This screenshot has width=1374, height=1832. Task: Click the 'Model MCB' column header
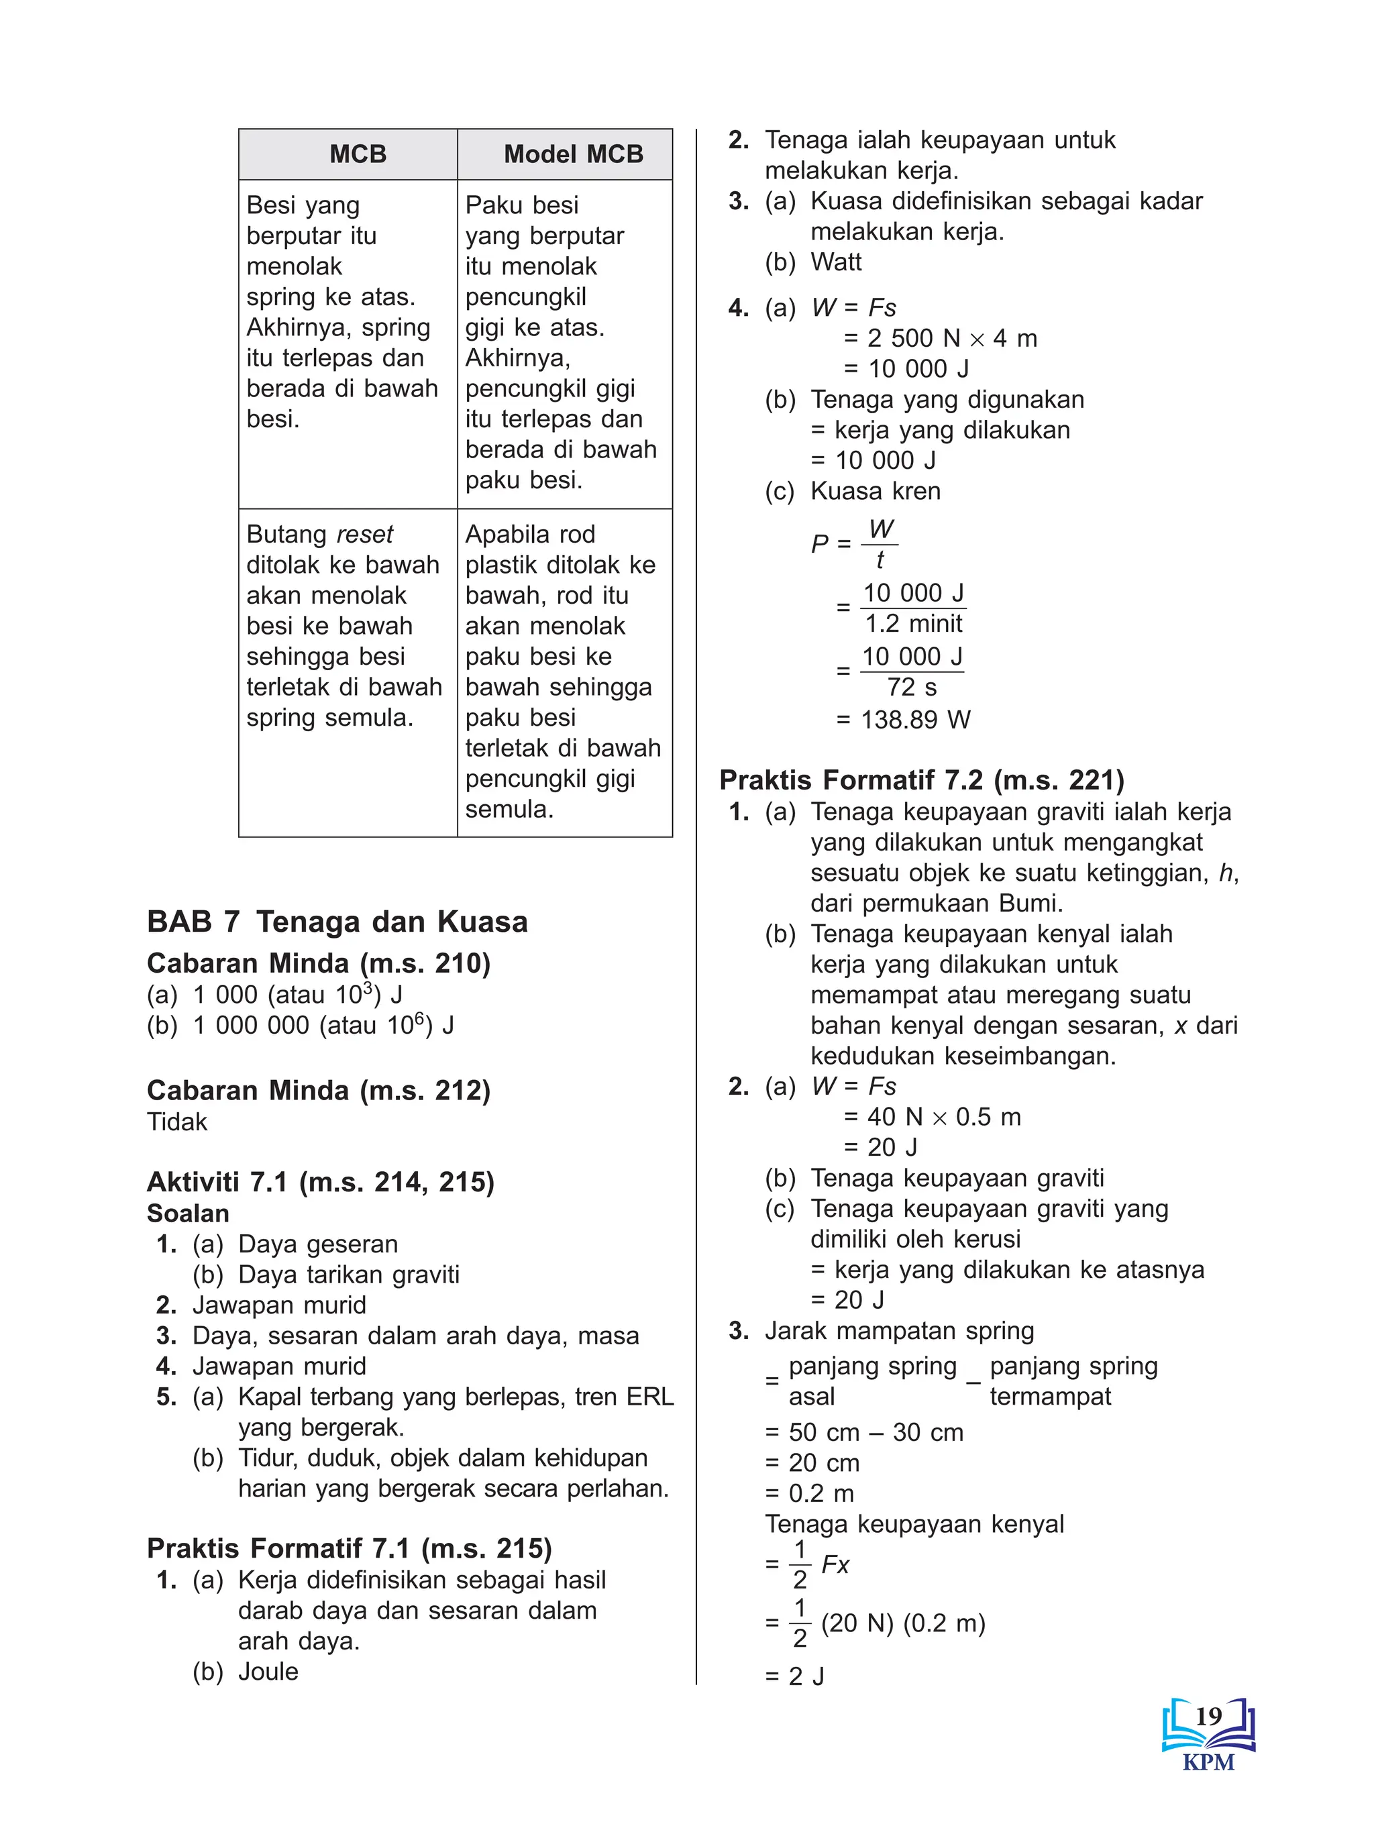[x=572, y=154]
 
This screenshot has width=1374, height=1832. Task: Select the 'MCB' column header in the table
[x=358, y=154]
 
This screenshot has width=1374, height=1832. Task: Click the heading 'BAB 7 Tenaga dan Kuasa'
[x=337, y=922]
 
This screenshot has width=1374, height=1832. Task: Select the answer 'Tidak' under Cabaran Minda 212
[x=176, y=1122]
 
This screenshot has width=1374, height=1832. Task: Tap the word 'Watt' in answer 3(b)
[x=836, y=262]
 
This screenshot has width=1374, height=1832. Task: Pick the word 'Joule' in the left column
[x=268, y=1671]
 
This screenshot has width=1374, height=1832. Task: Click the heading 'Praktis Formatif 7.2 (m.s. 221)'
[x=921, y=780]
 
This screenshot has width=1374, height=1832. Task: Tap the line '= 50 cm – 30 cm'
[x=865, y=1432]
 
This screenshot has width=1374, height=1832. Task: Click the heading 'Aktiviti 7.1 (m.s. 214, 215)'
[x=320, y=1182]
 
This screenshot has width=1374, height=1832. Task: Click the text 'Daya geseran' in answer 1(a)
[x=317, y=1244]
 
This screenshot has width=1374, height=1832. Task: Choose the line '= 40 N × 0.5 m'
[x=932, y=1116]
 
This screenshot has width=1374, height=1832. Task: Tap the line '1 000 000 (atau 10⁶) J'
[x=323, y=1025]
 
